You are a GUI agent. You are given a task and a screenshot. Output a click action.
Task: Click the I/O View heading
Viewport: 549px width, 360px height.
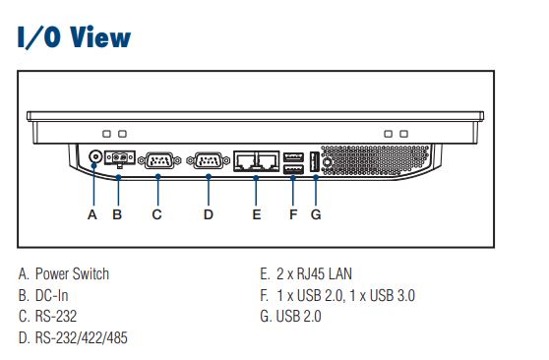coord(74,37)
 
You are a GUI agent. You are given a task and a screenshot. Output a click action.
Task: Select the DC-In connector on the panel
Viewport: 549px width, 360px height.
coord(120,158)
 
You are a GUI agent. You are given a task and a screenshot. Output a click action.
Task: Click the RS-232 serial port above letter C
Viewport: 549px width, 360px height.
coord(159,160)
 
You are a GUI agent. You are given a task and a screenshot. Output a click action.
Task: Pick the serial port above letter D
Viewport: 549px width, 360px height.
coord(209,160)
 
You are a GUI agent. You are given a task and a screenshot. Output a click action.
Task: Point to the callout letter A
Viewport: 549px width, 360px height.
coord(92,214)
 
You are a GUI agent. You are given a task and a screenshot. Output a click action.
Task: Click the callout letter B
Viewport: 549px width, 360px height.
coord(117,214)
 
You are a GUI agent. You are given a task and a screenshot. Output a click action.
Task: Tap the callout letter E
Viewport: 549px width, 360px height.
coord(257,214)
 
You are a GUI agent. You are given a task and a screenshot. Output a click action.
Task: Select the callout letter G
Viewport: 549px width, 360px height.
coord(316,214)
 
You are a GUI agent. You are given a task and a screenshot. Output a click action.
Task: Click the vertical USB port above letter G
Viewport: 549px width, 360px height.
coord(315,162)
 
